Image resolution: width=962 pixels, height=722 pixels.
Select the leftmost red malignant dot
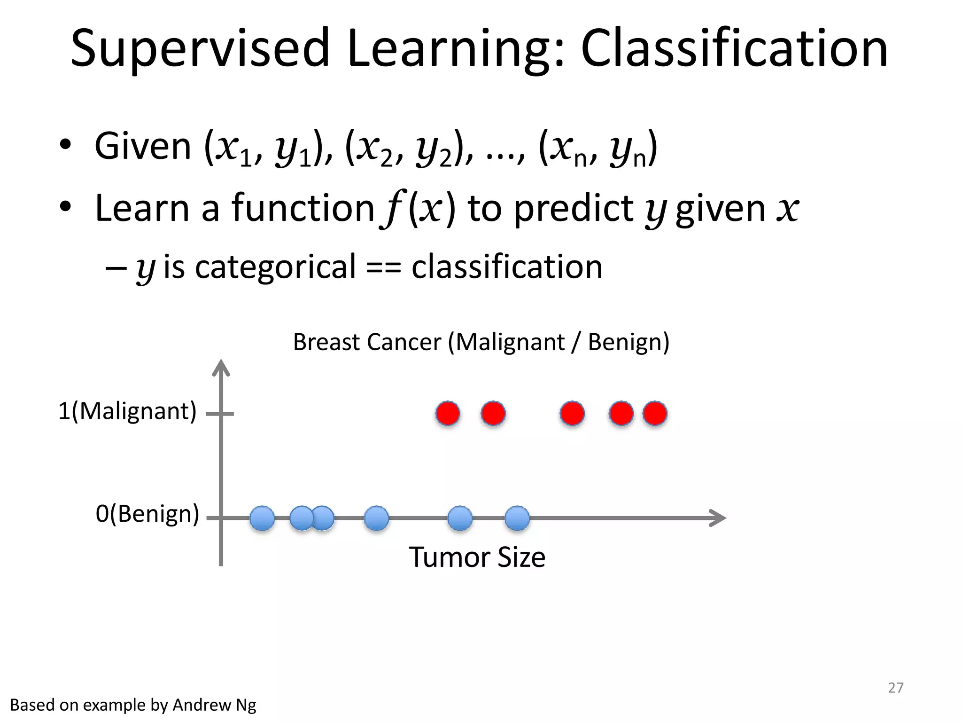click(448, 414)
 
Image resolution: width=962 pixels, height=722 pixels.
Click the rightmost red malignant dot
click(655, 414)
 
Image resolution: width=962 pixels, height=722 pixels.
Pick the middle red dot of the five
click(572, 414)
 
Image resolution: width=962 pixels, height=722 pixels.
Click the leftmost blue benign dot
click(262, 518)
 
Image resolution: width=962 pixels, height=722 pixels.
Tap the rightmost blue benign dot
click(517, 518)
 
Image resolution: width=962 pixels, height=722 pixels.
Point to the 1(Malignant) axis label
click(127, 411)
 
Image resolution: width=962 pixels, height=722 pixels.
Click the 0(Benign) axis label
click(147, 514)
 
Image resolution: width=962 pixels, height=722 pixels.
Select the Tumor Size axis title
click(477, 557)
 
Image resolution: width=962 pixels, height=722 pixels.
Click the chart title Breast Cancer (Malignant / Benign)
click(481, 342)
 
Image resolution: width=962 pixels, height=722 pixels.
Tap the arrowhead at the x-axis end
click(719, 518)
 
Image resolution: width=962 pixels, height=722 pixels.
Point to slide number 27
click(895, 688)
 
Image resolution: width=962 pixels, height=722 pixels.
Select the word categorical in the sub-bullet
click(275, 267)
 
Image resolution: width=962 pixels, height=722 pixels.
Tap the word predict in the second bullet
click(574, 208)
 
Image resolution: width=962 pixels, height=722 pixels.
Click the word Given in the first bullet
click(143, 147)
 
